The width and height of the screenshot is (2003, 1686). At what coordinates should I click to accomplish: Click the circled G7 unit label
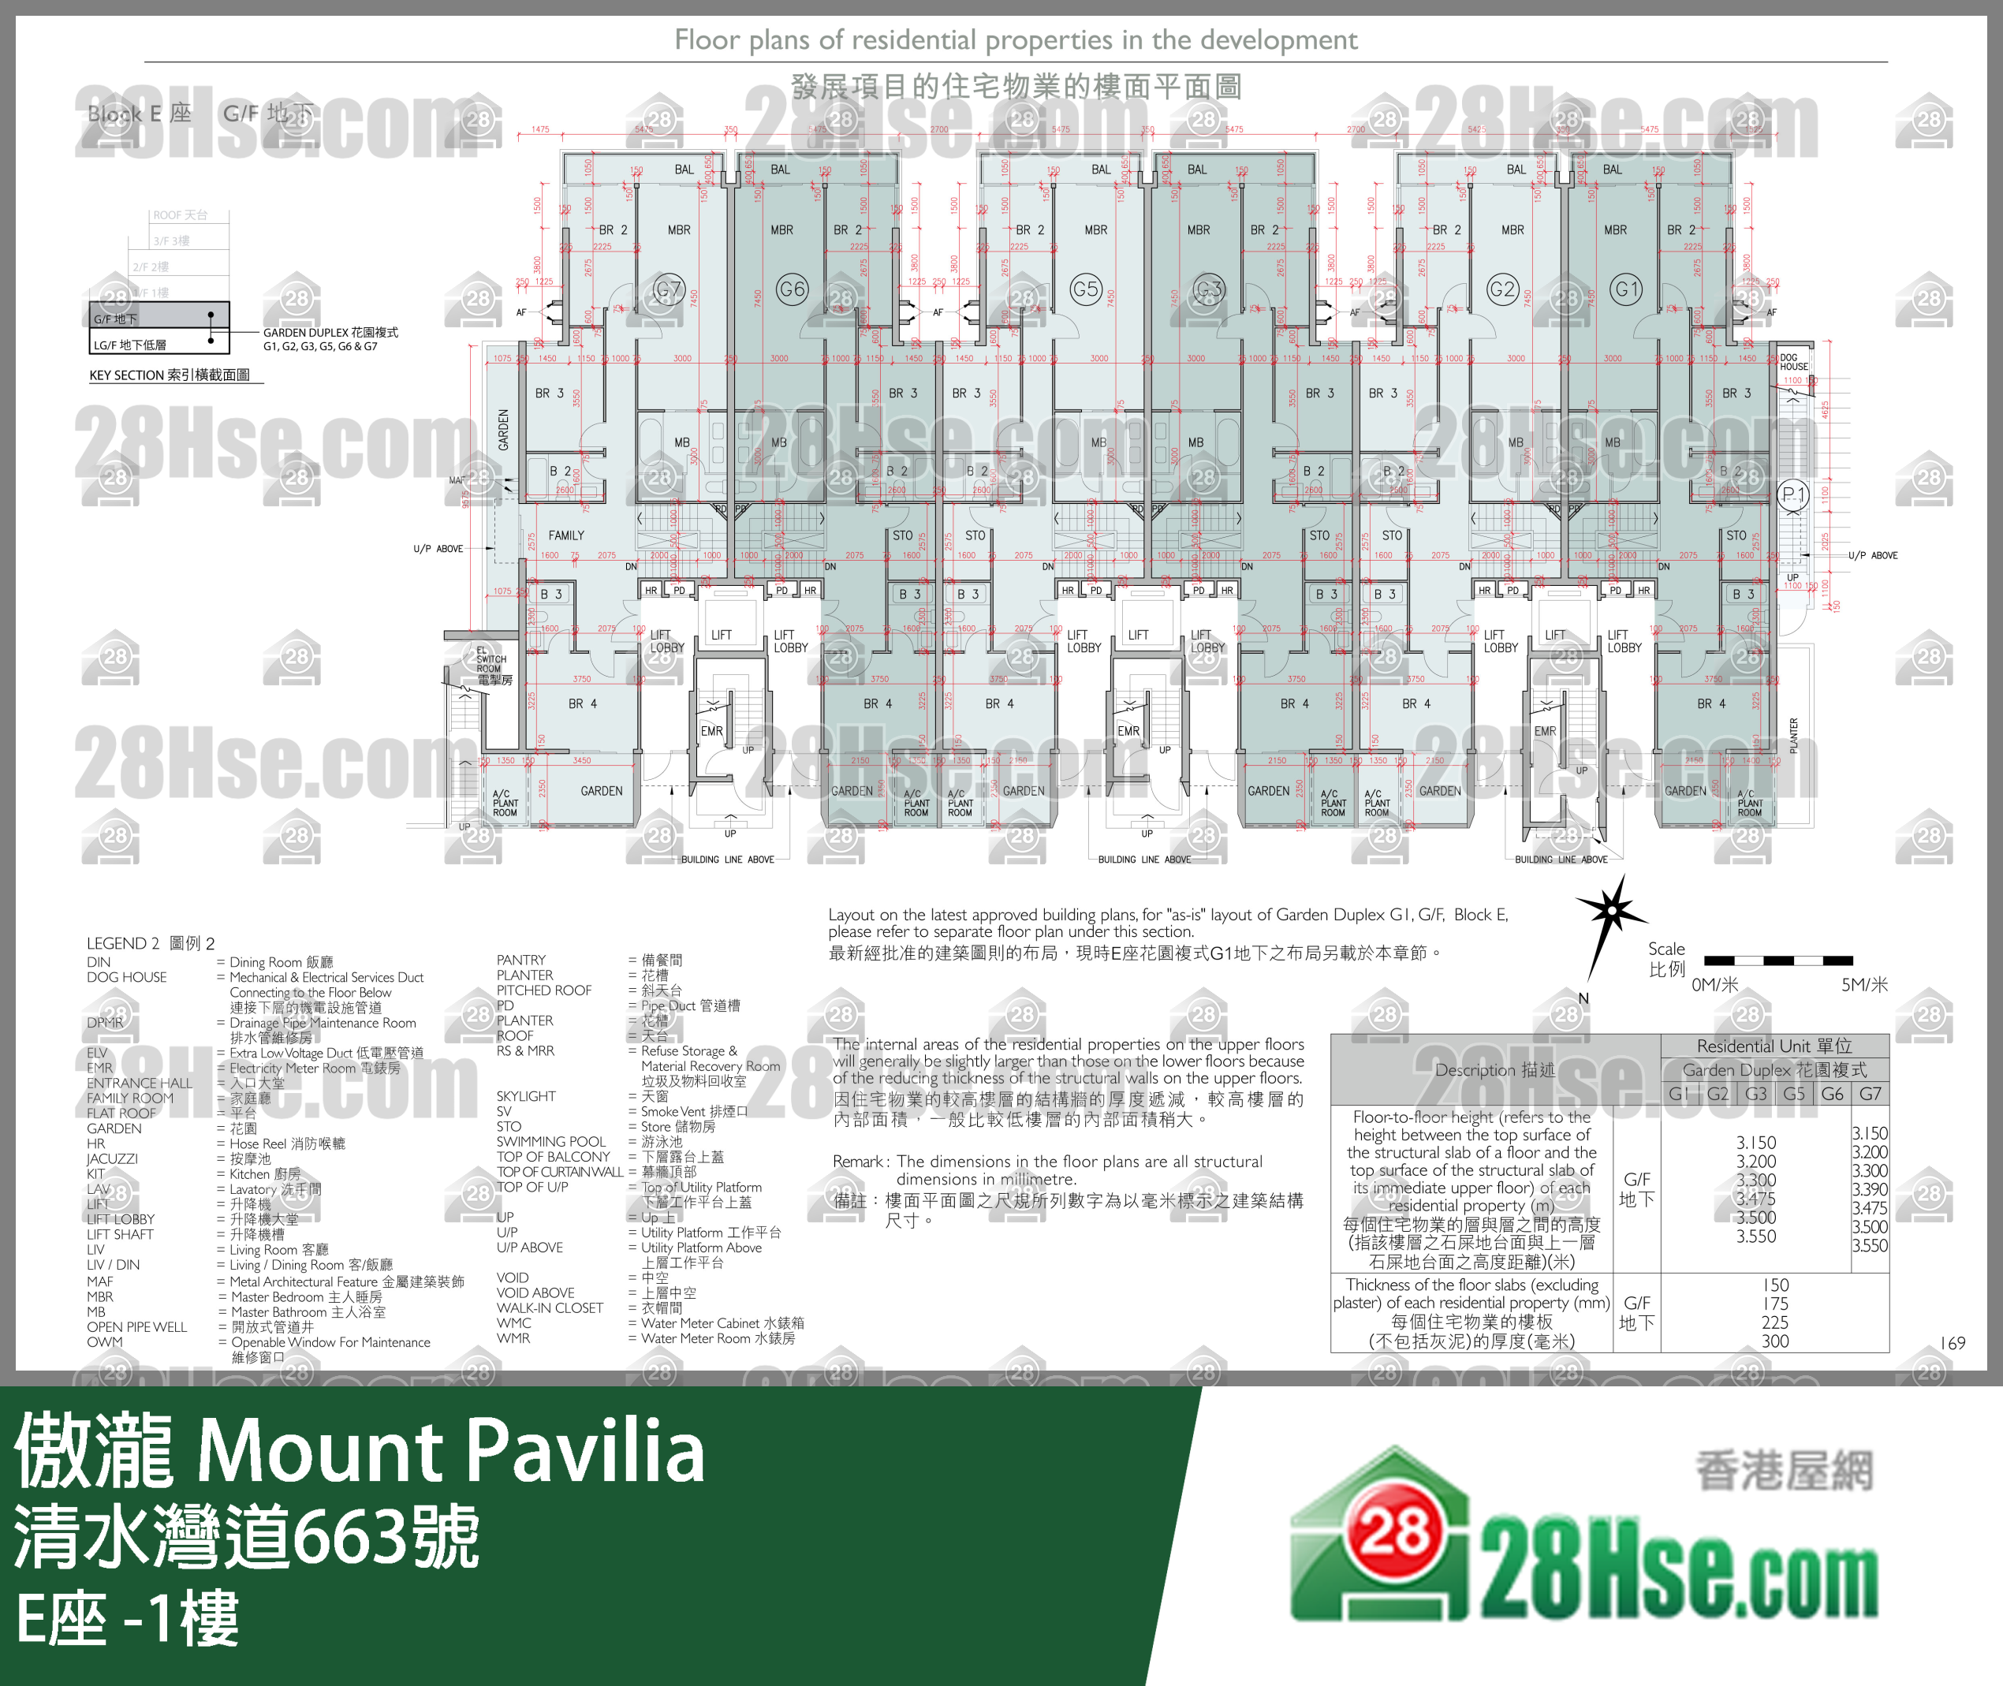pos(668,289)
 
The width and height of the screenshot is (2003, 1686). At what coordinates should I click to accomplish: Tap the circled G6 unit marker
pos(793,289)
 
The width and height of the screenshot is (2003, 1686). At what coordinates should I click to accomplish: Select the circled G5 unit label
pos(1086,289)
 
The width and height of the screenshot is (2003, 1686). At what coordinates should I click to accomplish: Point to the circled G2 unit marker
pos(1502,289)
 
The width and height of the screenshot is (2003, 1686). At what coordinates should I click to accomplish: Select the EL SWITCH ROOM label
pos(491,664)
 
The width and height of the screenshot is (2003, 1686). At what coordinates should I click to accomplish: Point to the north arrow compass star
pos(1611,911)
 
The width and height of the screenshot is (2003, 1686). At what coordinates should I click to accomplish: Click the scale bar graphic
pos(1777,960)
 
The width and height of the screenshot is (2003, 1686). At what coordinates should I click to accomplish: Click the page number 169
pos(1953,1343)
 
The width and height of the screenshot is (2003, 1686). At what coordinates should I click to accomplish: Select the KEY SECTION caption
pos(170,375)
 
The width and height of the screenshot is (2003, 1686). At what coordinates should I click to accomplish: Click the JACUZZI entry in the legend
pos(112,1158)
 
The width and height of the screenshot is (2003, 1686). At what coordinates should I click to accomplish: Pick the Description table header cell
pos(1494,1069)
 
